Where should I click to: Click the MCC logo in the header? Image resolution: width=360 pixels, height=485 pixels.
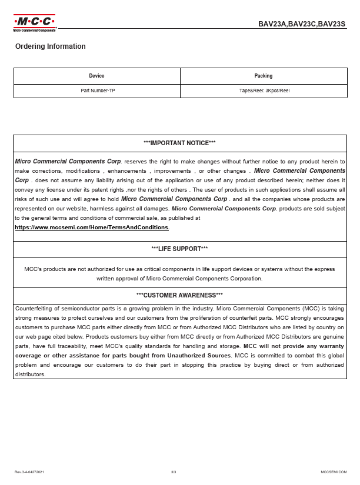coord(34,22)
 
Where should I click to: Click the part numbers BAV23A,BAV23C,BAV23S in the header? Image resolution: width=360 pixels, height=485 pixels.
coord(302,24)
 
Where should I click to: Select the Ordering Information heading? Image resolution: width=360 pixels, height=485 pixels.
coord(51,46)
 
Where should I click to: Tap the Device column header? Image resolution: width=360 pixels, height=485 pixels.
coord(96,76)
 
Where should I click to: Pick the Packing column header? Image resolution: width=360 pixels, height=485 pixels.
coord(264,76)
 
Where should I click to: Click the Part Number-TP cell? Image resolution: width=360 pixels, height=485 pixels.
coord(98,91)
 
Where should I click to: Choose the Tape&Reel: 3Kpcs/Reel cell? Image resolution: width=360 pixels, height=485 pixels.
coord(264,91)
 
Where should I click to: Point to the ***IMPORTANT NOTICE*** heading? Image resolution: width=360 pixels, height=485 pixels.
coord(179,143)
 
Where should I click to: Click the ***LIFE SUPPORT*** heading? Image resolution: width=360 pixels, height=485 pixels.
coord(179,249)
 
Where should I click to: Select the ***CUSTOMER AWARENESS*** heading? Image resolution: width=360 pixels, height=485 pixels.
coord(179,295)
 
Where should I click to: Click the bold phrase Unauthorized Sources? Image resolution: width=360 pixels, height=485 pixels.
coord(199,356)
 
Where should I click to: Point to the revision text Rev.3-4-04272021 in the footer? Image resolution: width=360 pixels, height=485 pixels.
coord(29,472)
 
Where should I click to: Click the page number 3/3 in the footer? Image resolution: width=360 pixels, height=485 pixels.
coord(174,472)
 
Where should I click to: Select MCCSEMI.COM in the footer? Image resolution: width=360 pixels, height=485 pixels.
coord(334,472)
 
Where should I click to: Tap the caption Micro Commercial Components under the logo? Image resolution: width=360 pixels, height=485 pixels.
coord(34,30)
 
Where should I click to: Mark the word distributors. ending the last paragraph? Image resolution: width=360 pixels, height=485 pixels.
coord(31,374)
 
